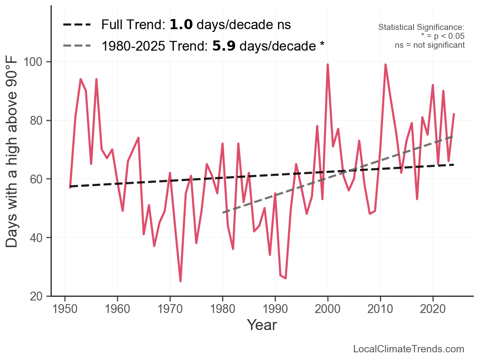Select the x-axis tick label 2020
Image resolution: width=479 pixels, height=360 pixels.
click(x=433, y=309)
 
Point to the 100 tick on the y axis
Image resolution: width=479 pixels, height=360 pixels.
click(x=35, y=62)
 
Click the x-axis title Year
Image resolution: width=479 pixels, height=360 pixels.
click(x=262, y=325)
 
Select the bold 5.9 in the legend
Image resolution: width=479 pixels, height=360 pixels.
click(x=224, y=46)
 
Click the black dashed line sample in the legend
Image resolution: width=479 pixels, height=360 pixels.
click(x=76, y=25)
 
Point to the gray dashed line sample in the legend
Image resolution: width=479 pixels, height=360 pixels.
click(x=76, y=46)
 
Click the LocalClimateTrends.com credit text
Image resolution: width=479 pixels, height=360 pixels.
click(x=409, y=349)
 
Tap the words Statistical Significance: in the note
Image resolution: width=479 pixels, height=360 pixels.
click(x=421, y=27)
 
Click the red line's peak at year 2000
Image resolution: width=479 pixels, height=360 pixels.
click(x=328, y=64)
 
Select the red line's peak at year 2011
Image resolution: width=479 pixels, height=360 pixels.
click(x=386, y=64)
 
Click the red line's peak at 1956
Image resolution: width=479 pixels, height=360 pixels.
click(x=96, y=79)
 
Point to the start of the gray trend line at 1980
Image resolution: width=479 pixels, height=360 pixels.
click(x=223, y=213)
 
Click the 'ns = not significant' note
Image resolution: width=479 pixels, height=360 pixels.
click(x=430, y=45)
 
